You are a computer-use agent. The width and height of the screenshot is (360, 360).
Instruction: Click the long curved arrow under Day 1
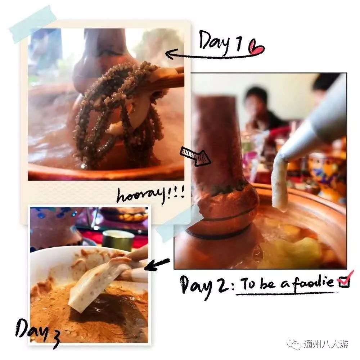point(209,56)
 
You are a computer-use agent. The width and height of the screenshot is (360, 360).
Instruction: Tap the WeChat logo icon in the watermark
point(296,345)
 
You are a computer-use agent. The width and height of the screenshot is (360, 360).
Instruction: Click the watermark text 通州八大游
point(325,345)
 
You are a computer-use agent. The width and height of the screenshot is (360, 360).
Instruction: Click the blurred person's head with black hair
point(257,97)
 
